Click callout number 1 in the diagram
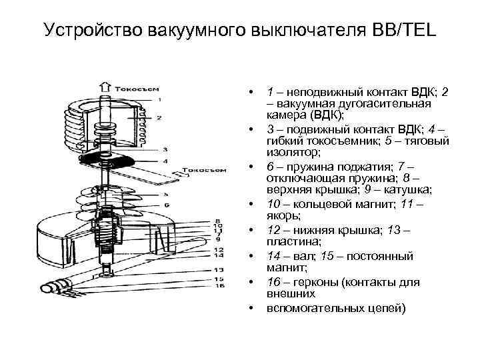click(158, 99)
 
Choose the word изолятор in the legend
click(288, 153)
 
